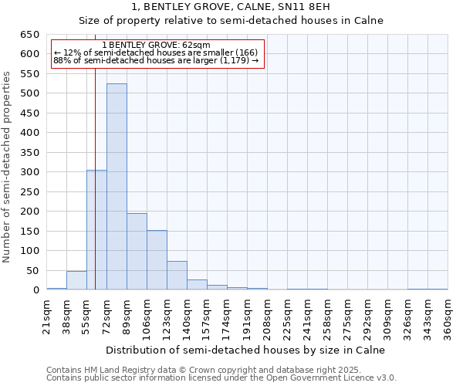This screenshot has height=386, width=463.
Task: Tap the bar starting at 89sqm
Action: [137, 252]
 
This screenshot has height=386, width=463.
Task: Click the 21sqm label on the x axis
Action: [46, 315]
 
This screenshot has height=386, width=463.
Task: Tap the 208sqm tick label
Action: [267, 315]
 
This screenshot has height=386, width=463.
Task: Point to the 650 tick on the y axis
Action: [29, 35]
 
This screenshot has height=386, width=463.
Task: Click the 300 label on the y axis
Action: [29, 172]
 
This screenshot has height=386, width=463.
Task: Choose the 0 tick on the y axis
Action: [35, 290]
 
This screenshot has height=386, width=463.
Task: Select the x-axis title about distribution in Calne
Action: [245, 350]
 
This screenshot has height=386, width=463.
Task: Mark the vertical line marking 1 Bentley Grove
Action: [95, 193]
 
